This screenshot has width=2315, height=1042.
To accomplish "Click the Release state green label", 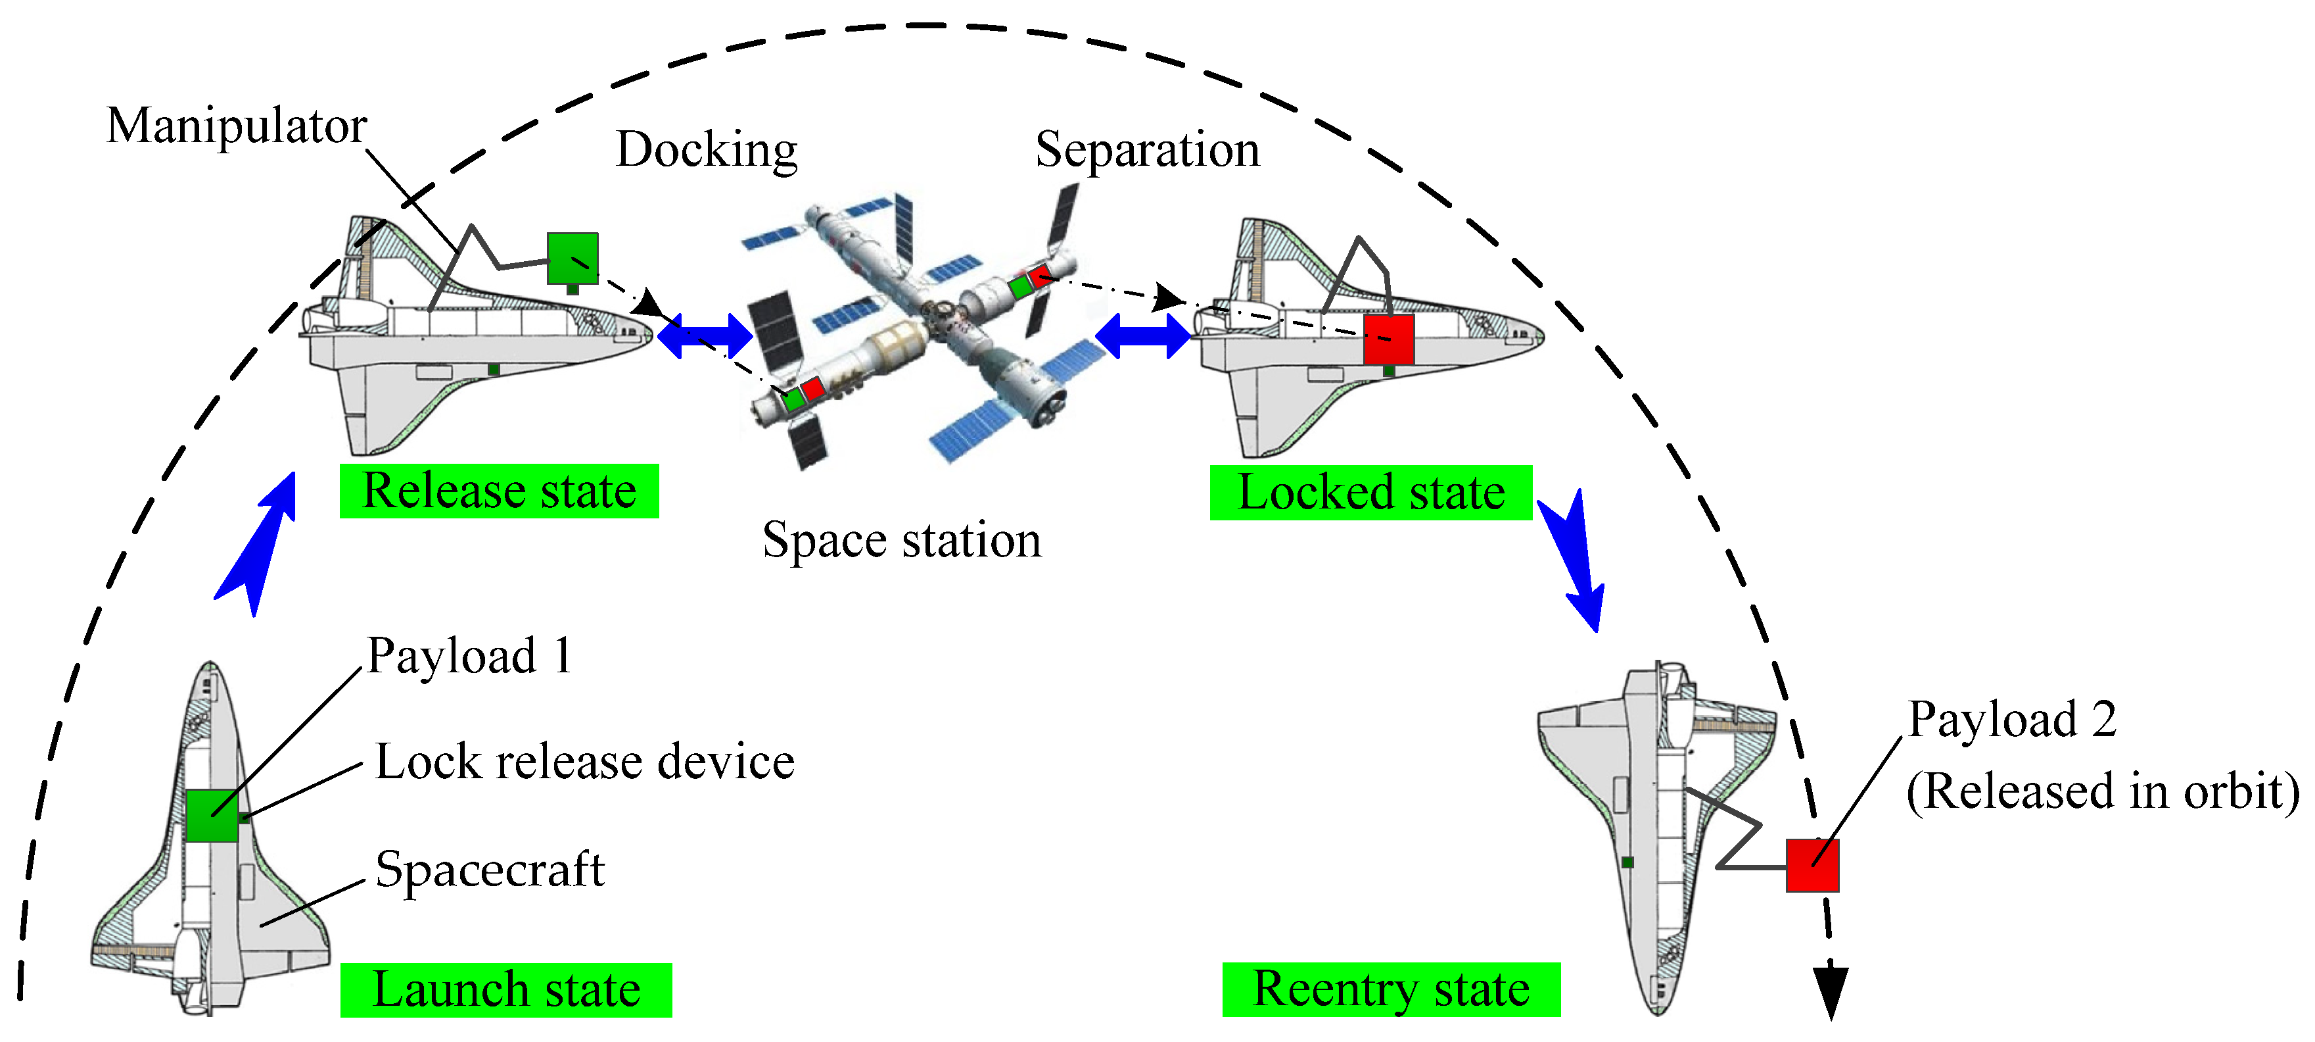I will coord(499,491).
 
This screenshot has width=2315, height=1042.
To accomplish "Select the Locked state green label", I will coord(1370,493).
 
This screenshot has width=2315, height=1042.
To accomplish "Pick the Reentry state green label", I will coord(1390,990).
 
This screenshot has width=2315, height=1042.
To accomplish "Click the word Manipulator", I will coord(237,126).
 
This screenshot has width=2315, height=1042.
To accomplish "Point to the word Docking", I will coord(707,149).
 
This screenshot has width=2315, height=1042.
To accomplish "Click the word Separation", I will coord(1147,149).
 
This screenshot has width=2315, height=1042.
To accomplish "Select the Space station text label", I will coord(901,540).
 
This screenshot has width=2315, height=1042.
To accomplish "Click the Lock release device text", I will coord(584,762).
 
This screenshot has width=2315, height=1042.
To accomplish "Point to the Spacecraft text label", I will coord(490,870).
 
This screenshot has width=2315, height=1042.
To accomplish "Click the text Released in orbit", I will coord(2103,792).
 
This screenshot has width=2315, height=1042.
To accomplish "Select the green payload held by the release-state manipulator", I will coord(573,258).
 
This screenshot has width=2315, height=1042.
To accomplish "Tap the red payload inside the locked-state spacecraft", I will coord(1388,339).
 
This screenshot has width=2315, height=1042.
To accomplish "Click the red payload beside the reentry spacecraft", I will coord(1812,865).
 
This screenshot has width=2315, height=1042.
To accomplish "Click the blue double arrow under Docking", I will coord(705,336).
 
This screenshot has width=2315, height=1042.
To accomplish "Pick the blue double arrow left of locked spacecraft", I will coord(1142,336).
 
